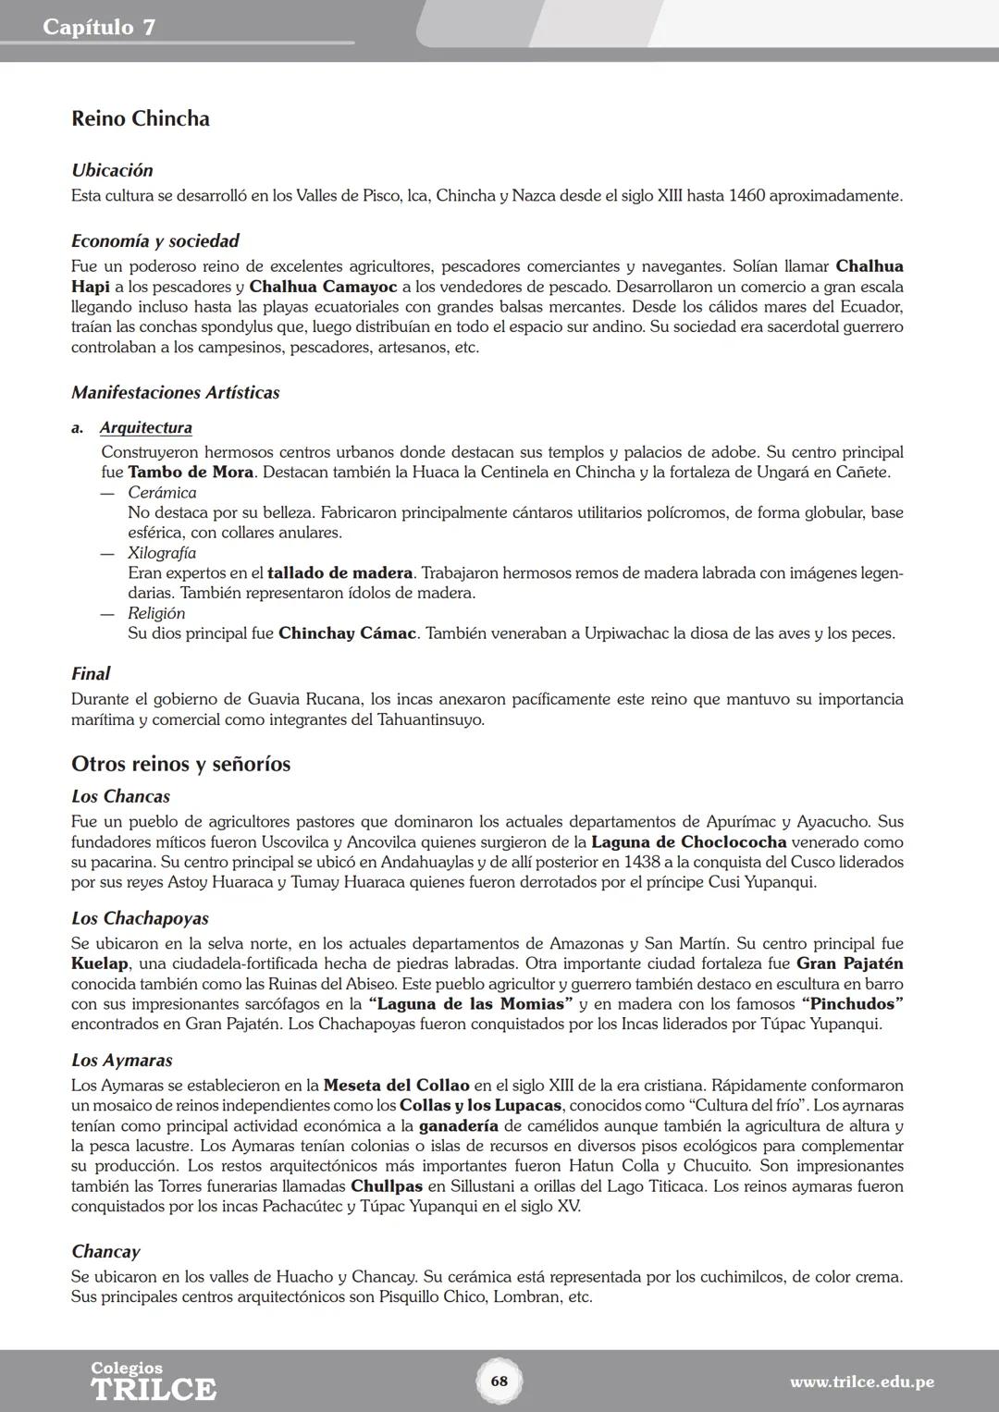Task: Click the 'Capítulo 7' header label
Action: coord(99,27)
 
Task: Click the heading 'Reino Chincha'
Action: coord(141,118)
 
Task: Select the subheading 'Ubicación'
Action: coord(112,170)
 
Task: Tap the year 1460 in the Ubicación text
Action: coord(746,196)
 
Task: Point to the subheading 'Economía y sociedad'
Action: coord(155,241)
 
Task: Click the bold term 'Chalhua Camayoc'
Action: coord(323,287)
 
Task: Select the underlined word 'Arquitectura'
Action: coord(146,428)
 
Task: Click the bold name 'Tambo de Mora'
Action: coord(191,473)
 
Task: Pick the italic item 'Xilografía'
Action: coord(162,553)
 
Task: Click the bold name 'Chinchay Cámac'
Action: coord(347,634)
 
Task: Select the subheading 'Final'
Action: coord(91,674)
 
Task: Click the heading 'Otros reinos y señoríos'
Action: coord(181,764)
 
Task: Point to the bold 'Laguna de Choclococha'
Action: coord(688,842)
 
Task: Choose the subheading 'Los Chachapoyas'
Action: coord(140,918)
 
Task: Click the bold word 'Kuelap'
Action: coord(100,964)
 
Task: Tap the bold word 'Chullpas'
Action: coord(387,1186)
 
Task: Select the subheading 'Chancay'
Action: coord(105,1252)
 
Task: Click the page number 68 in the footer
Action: coord(499,1381)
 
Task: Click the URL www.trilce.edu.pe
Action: coord(861,1382)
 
